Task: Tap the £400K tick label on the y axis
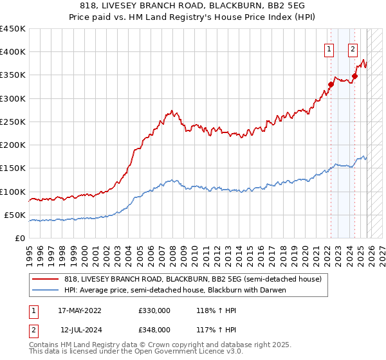[x=13, y=52]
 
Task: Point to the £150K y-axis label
[x=13, y=168]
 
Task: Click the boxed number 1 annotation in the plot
[x=329, y=48]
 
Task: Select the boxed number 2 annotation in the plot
[x=353, y=48]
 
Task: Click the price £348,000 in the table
[x=154, y=329]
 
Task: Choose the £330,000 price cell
[x=154, y=310]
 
